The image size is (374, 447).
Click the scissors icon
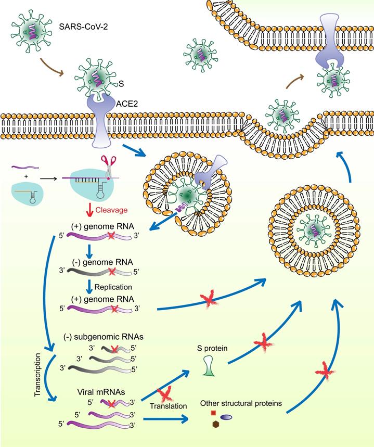pyautogui.click(x=108, y=168)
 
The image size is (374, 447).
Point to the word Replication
pyautogui.click(x=113, y=287)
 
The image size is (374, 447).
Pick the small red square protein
pyautogui.click(x=213, y=413)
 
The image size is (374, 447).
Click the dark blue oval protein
pyautogui.click(x=227, y=417)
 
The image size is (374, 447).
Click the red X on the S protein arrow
pyautogui.click(x=262, y=344)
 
